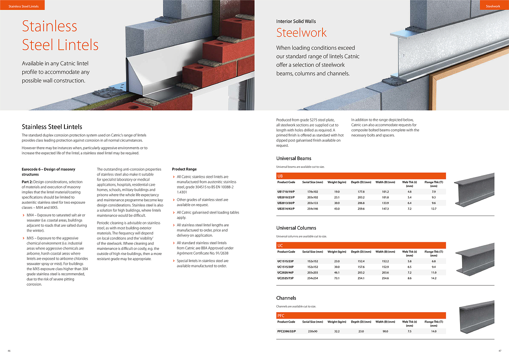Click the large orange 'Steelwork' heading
pyautogui.click(x=301, y=33)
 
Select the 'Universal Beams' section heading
pyautogui.click(x=293, y=158)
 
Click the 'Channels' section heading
pyautogui.click(x=286, y=298)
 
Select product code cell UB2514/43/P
pyautogui.click(x=286, y=208)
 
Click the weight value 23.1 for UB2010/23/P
pyautogui.click(x=336, y=197)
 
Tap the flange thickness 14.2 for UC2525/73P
pyautogui.click(x=433, y=278)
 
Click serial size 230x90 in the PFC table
pyautogui.click(x=313, y=331)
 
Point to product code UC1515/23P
pyautogui.click(x=286, y=261)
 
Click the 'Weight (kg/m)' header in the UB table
pyautogui.click(x=337, y=182)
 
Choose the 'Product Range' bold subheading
pyautogui.click(x=184, y=169)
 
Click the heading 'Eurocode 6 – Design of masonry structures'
pyautogui.click(x=48, y=172)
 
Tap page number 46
pyautogui.click(x=9, y=351)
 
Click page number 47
pyautogui.click(x=500, y=351)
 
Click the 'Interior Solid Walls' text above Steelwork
pyautogui.click(x=296, y=21)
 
